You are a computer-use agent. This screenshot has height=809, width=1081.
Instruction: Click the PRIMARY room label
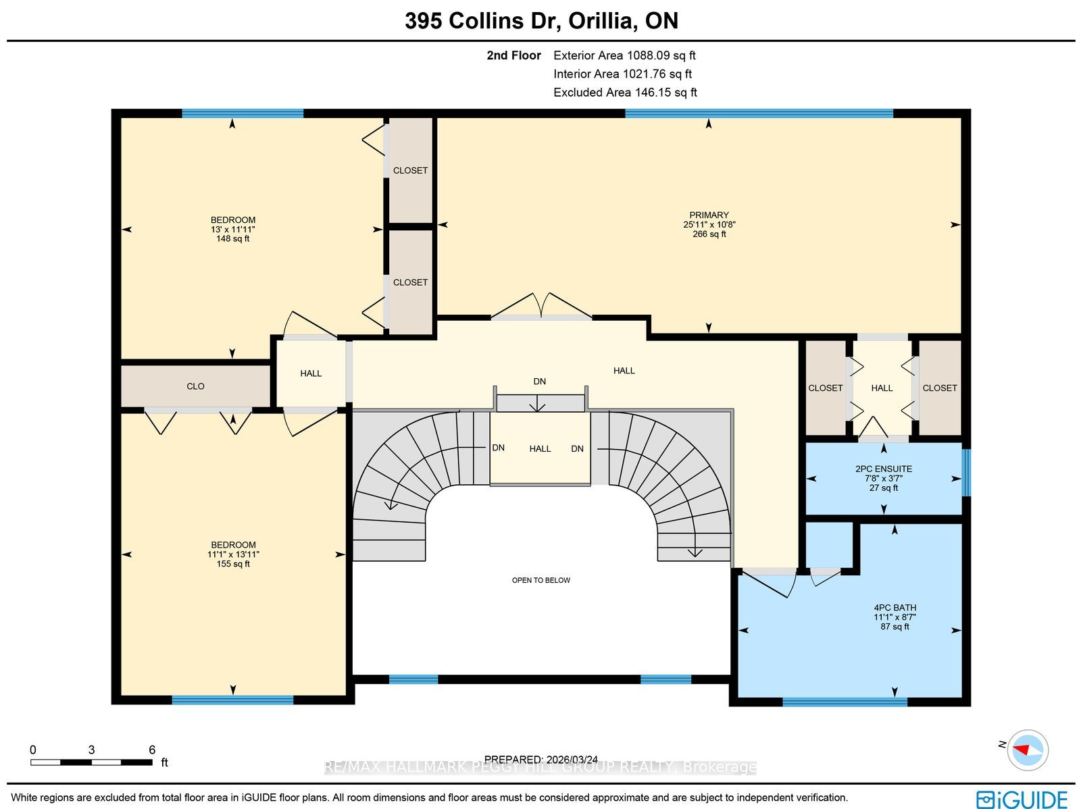(709, 215)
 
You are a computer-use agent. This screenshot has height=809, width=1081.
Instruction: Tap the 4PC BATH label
(895, 608)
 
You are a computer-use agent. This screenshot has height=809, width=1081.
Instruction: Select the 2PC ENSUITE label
(884, 469)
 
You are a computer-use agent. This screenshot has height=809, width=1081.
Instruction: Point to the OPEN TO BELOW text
(540, 580)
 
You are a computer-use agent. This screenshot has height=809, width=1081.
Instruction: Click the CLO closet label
(195, 386)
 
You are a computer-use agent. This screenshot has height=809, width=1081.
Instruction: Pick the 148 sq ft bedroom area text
(232, 238)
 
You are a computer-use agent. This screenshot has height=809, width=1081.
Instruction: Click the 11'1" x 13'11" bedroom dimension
(233, 554)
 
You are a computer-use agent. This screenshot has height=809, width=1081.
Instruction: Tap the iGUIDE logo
(1022, 799)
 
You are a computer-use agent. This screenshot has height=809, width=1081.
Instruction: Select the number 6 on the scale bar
(152, 750)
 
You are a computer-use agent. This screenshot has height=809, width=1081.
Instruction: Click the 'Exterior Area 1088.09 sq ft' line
(624, 55)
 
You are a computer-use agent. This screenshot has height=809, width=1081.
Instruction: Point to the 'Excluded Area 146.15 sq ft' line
(625, 92)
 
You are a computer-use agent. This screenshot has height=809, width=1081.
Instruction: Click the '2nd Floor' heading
(513, 55)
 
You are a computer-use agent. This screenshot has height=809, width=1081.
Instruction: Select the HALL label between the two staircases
(540, 449)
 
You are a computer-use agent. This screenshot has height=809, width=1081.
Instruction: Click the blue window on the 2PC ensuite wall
(966, 473)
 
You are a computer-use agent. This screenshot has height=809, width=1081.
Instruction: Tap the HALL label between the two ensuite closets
(882, 388)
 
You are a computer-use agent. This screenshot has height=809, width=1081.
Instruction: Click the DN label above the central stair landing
(539, 382)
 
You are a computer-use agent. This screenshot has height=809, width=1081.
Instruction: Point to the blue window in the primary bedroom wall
(759, 113)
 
